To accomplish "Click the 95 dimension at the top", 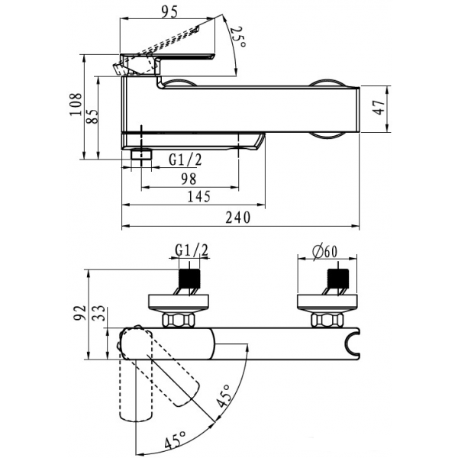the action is pos(169,12).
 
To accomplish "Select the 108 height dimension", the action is pos(76,105).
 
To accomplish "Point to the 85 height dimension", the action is pos(92,117).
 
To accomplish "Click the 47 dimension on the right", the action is pos(379,107).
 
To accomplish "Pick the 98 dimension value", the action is pos(189,179).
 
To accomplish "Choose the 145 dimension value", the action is pos(198,197).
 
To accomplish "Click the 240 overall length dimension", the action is pos(238,218).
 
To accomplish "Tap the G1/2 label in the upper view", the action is pos(185,160).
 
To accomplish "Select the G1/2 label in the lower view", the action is pos(192,250).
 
